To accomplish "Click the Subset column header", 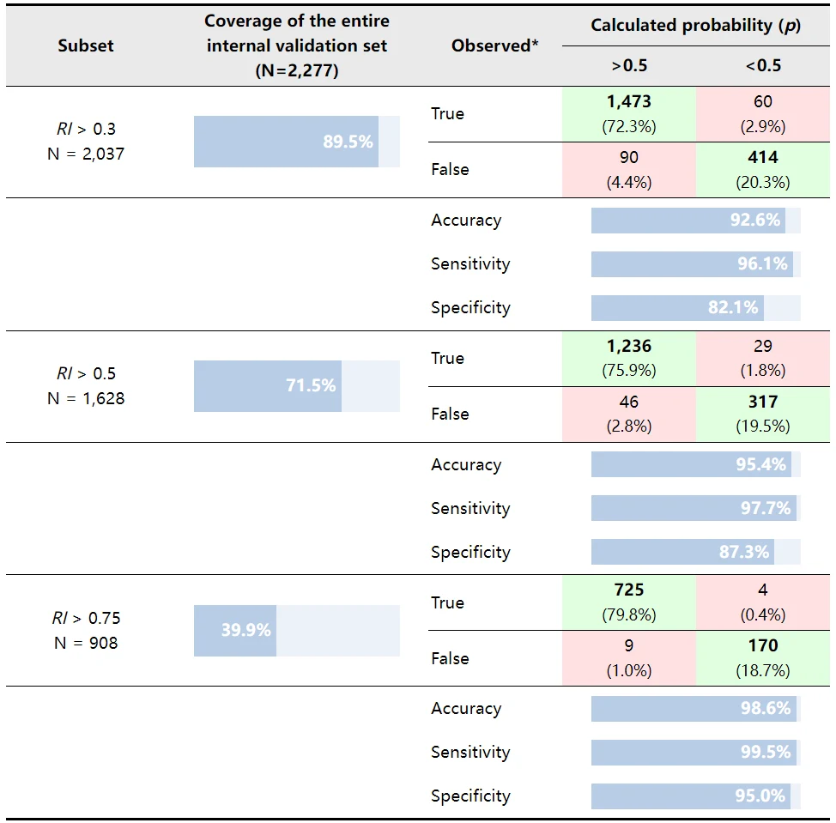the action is point(86,45).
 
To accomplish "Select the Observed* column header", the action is point(494,45).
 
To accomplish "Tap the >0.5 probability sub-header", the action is point(629,65).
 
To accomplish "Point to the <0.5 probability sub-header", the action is point(763,65).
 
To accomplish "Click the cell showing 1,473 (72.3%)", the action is point(629,113).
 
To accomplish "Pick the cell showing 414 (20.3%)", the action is point(763,170).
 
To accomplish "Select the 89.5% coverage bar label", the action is point(348,142).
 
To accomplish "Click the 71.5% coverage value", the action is point(311,385).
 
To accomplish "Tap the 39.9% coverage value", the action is point(246,630).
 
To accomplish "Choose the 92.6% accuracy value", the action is point(755,221).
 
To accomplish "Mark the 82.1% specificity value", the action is point(733,307).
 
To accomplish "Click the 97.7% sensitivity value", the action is point(766,508).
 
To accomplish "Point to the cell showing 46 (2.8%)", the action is point(629,415).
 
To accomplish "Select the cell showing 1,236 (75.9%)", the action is point(629,358).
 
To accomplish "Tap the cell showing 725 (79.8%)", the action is point(629,602).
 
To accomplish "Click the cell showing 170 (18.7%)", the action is point(763,658).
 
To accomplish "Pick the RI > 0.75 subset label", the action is point(86,618).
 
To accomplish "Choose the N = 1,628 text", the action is point(86,399).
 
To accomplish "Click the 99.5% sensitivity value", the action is point(766,752).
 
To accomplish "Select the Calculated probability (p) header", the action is point(696,26).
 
